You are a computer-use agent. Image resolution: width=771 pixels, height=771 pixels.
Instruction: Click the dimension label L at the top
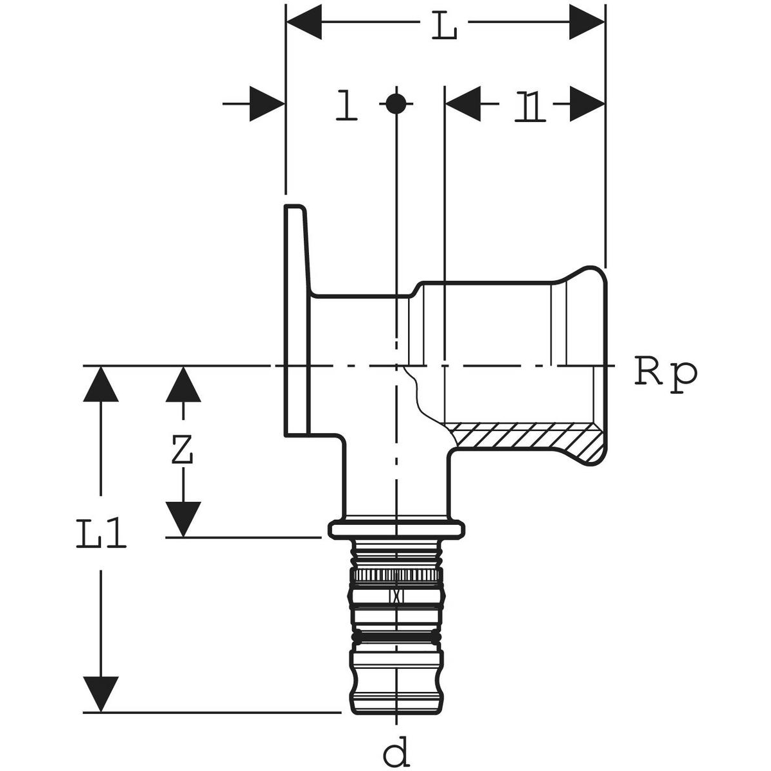443,26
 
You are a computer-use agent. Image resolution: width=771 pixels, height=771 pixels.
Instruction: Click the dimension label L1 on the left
101,537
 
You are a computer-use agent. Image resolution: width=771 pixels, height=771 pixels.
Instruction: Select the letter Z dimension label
183,452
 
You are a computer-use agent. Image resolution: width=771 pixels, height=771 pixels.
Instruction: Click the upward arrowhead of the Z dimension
183,384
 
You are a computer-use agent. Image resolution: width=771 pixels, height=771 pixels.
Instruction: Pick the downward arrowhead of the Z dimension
183,519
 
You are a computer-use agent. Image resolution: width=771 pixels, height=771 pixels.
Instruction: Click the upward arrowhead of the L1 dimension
101,384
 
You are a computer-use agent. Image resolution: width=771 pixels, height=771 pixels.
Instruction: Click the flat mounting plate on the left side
296,321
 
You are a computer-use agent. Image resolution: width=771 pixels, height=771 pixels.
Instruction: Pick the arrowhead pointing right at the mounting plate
267,103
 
